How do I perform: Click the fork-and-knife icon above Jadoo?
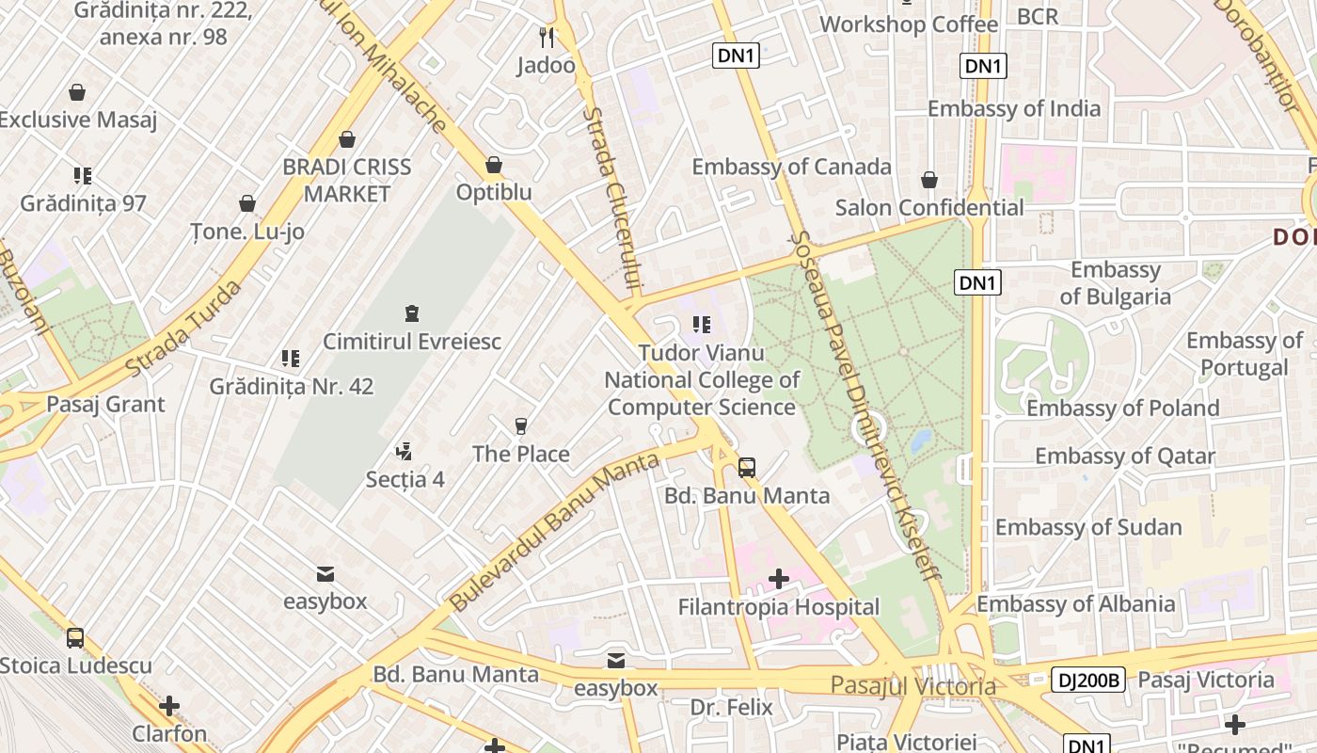point(547,38)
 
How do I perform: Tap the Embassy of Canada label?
point(791,167)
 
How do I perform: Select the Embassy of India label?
point(1013,108)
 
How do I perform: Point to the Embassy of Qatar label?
point(1124,457)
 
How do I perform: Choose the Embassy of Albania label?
point(1075,604)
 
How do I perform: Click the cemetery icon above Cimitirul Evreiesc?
point(411,312)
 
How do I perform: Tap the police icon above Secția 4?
point(405,452)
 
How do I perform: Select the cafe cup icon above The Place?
point(521,425)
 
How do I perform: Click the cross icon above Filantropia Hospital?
point(778,578)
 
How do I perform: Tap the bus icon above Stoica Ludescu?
point(75,637)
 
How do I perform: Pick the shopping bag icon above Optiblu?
point(494,166)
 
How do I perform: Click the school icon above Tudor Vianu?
point(701,325)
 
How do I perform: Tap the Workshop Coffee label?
point(908,24)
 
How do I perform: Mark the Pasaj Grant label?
point(105,405)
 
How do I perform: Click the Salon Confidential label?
point(929,207)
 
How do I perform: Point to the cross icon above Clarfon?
point(169,705)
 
